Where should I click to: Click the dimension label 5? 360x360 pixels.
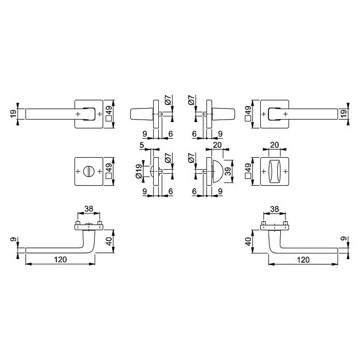pos(142,145)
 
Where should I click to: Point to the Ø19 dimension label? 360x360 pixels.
pos(139,171)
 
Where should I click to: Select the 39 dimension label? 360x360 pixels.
pos(228,171)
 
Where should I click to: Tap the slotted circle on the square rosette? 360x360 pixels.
pos(88,171)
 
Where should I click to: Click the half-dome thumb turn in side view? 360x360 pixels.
pos(218,171)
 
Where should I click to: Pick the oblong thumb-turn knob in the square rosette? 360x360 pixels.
pos(275,171)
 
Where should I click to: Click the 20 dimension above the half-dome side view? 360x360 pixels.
pos(217,145)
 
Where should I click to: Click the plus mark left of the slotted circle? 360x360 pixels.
pos(78,171)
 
